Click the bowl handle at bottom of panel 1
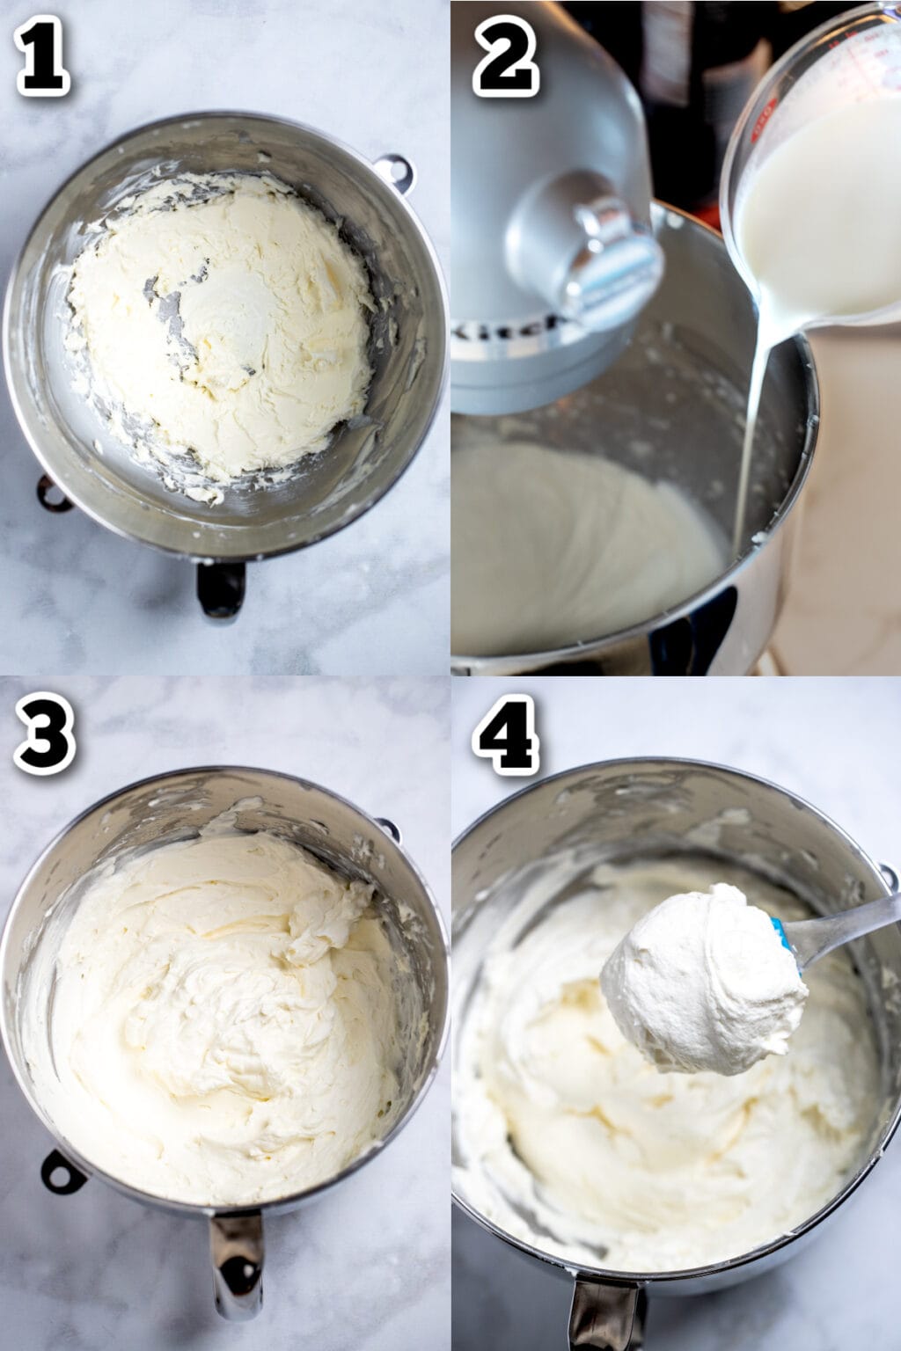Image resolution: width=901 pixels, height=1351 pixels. pyautogui.click(x=220, y=588)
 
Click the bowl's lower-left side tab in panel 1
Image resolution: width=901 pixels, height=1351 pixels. pyautogui.click(x=53, y=493)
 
